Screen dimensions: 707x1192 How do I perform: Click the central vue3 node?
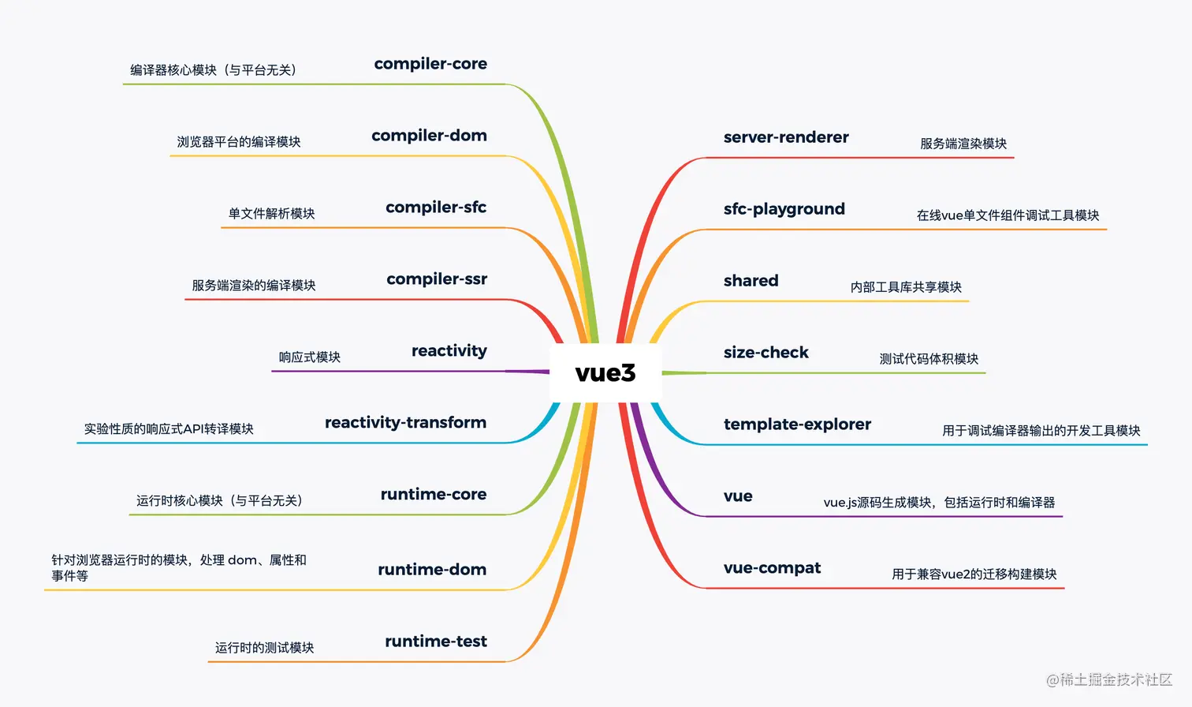coord(605,372)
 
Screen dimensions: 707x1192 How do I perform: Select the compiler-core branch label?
coord(430,64)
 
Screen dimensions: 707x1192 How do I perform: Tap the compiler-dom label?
coord(429,136)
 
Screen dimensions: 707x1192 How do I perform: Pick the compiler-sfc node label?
coord(436,208)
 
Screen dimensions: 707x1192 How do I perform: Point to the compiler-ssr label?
coord(437,279)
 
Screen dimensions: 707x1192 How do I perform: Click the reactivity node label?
coord(449,351)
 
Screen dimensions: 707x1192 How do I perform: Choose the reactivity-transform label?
coord(405,423)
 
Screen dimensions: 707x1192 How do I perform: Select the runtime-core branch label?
coord(434,495)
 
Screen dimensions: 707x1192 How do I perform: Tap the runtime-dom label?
coord(432,570)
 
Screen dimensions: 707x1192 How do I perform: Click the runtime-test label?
coord(436,642)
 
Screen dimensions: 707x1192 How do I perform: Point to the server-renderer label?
coord(786,137)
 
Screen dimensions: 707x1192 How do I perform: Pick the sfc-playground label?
coord(784,209)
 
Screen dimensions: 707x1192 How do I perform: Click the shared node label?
coord(751,281)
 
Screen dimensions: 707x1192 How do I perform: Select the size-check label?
coord(765,353)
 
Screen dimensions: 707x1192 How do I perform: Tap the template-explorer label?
coord(797,425)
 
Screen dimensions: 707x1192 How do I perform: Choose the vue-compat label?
coord(772,568)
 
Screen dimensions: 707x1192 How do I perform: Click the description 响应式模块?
coord(310,357)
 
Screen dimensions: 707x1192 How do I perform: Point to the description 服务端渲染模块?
coord(963,144)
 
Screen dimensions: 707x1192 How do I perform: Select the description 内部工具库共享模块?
coord(906,287)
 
